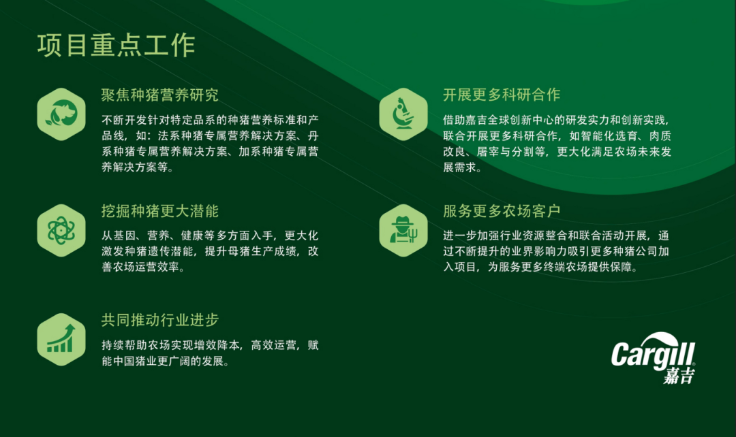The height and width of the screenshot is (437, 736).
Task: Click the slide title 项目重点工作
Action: [116, 46]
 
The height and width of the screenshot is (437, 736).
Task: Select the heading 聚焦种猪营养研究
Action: [159, 95]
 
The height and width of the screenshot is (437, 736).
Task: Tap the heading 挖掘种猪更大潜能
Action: [159, 211]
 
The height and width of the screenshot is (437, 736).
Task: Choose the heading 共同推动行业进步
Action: [159, 320]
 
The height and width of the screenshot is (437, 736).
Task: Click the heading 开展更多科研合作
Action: [502, 95]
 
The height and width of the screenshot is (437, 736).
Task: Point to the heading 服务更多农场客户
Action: [502, 211]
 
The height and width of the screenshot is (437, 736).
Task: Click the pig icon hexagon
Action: [61, 114]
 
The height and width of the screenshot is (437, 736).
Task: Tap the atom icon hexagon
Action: [61, 230]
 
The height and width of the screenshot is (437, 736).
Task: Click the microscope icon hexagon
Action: [403, 114]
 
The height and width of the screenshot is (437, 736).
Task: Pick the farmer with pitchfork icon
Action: [403, 230]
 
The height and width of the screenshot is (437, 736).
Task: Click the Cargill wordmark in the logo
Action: [653, 354]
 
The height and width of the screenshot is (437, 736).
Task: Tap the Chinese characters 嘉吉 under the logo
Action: [679, 376]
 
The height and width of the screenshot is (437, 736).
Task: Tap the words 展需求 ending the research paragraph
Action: [460, 167]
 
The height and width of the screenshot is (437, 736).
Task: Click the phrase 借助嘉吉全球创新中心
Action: [500, 120]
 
